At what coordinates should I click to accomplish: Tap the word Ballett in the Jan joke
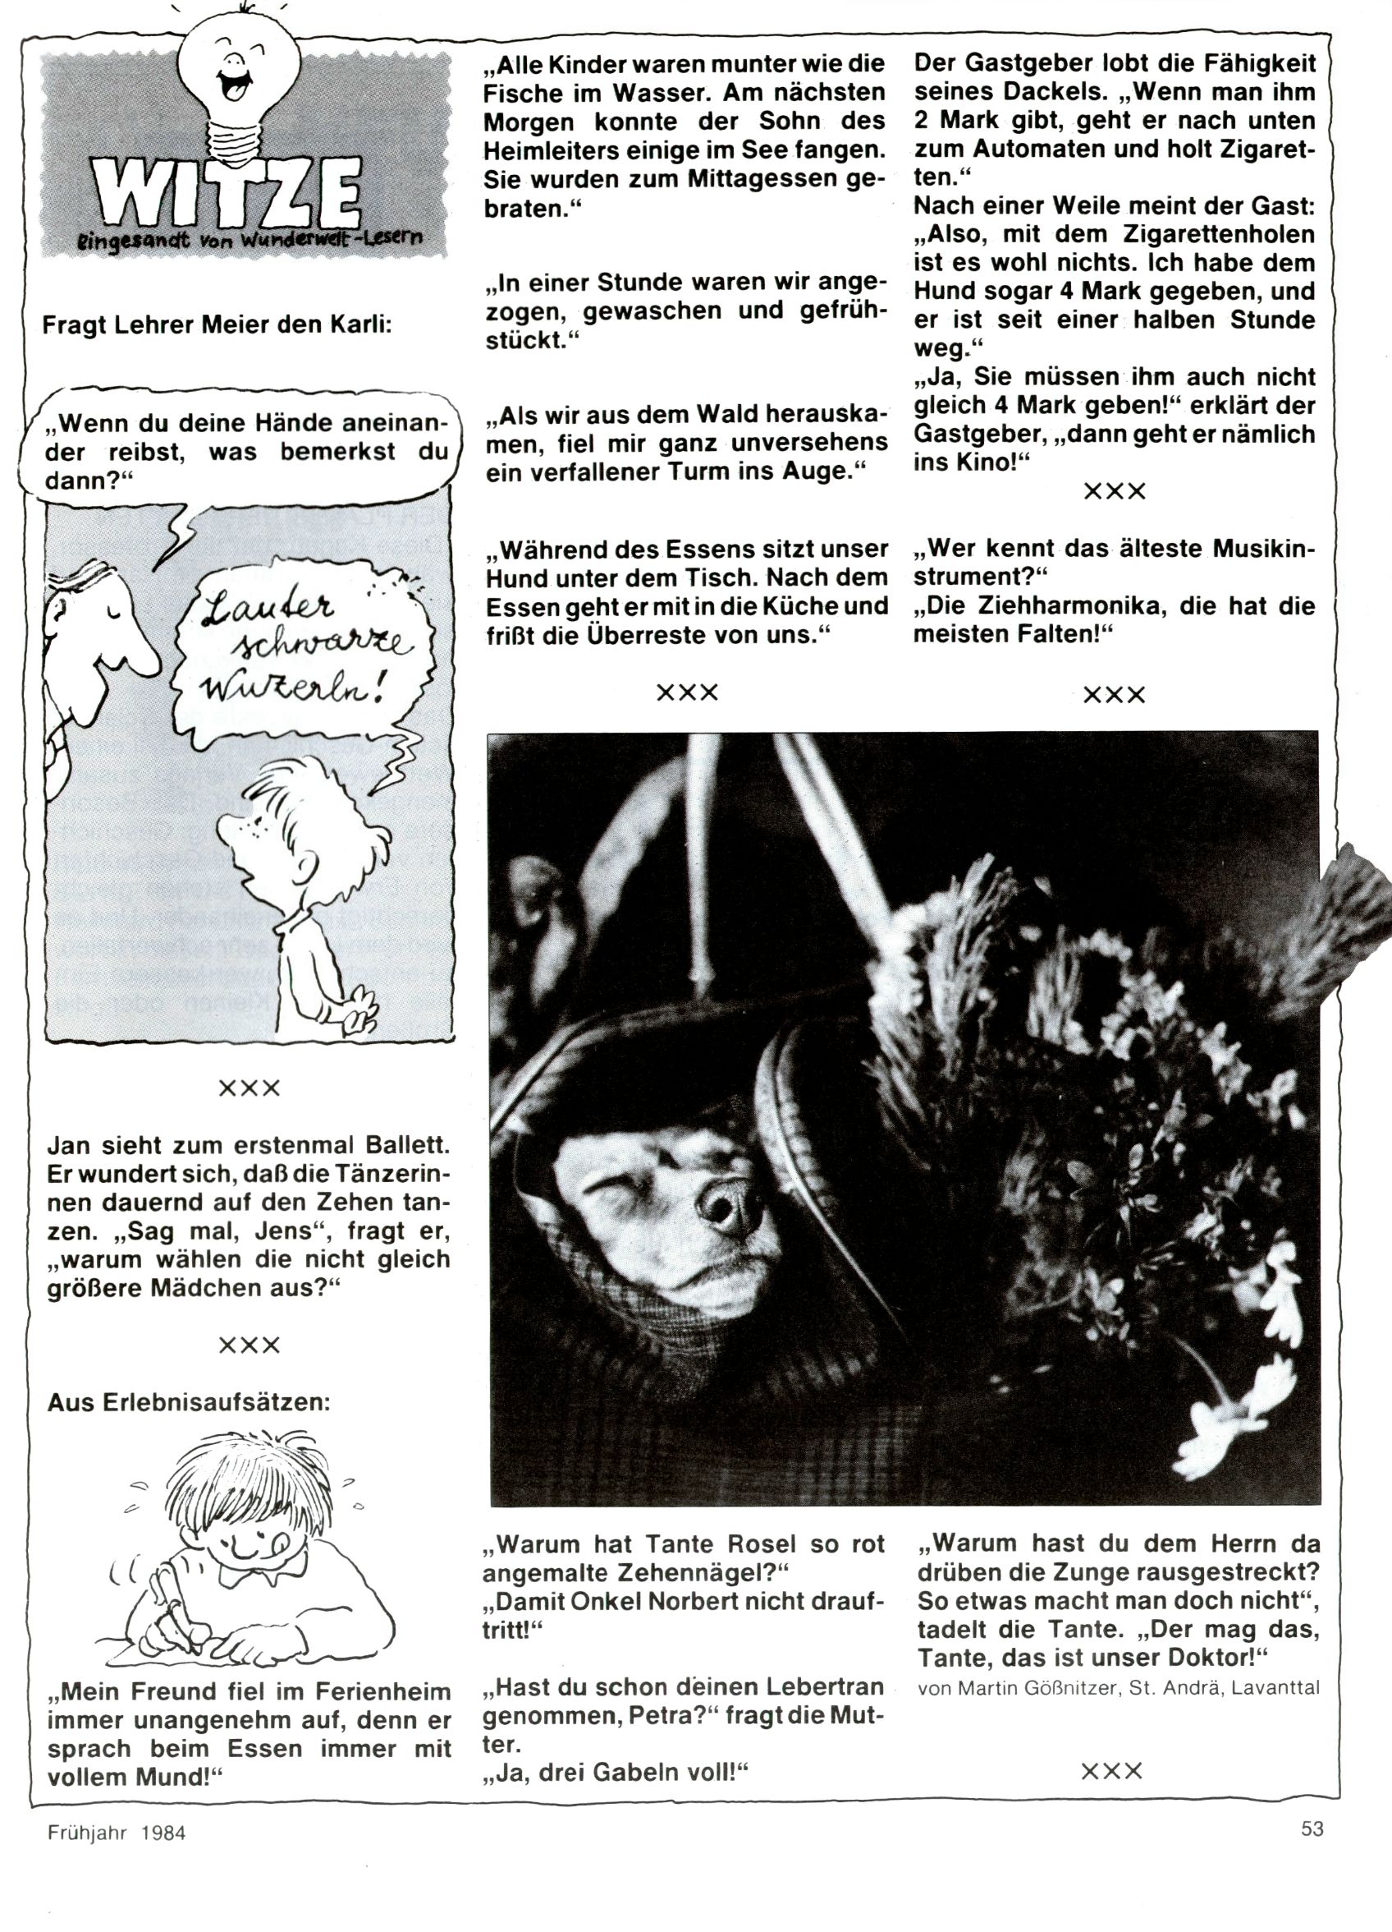389,1144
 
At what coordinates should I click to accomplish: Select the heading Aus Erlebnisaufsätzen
188,1401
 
